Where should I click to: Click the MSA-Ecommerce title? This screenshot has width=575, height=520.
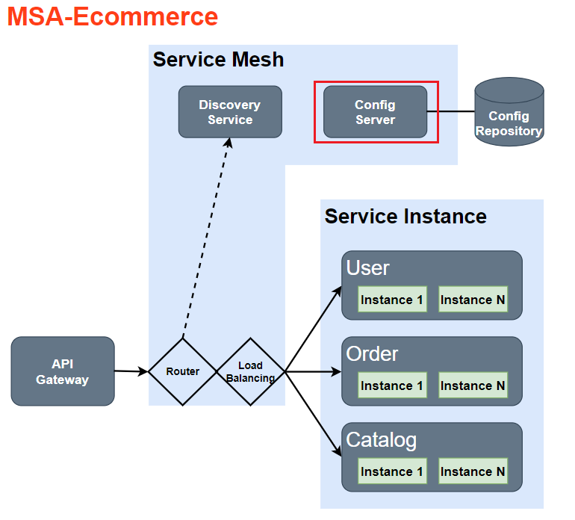(113, 16)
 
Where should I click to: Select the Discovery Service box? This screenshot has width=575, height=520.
(230, 112)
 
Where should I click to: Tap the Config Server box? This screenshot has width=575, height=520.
(375, 112)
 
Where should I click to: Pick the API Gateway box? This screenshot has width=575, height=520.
(63, 371)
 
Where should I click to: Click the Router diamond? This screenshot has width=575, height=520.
(183, 371)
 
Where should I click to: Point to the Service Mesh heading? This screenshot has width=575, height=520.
(218, 60)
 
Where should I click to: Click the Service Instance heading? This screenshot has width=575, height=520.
(405, 217)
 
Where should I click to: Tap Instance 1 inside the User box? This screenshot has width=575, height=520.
(392, 300)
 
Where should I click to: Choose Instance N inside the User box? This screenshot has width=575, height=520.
(473, 300)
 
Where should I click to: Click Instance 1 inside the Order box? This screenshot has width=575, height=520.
(392, 386)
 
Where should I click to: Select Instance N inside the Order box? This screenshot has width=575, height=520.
(473, 386)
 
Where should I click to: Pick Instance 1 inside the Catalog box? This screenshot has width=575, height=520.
(392, 471)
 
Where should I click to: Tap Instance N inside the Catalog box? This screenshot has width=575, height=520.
(473, 471)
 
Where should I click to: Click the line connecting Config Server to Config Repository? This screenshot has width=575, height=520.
(451, 111)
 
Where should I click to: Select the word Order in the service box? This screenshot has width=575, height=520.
(372, 353)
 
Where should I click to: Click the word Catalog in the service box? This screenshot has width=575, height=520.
(381, 440)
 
